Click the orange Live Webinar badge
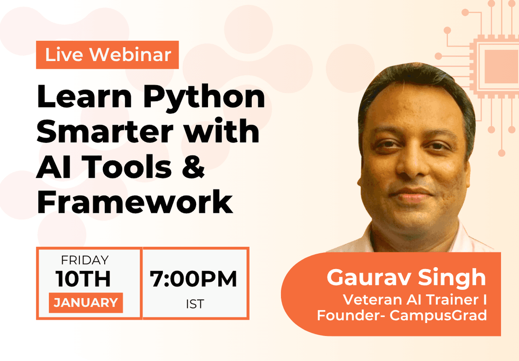tap(107, 55)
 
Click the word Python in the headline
tap(204, 98)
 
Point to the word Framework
tap(135, 202)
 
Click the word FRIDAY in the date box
tap(85, 260)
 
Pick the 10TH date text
tap(83, 279)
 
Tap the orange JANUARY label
tap(86, 303)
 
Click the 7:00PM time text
tap(194, 280)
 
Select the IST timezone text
tap(194, 304)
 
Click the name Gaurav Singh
tap(406, 278)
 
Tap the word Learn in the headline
tap(85, 98)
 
